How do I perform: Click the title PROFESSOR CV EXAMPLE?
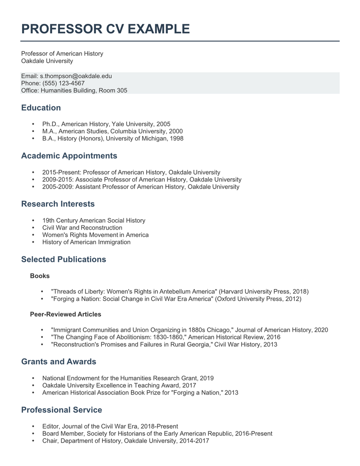[x=105, y=29]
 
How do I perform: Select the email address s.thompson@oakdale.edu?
[x=76, y=76]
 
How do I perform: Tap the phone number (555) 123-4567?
[x=63, y=83]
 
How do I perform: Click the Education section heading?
[x=41, y=108]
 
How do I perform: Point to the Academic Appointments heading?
[x=69, y=156]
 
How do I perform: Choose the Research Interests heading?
[x=58, y=204]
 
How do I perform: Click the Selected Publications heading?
[x=63, y=259]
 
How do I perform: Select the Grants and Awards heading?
[x=58, y=362]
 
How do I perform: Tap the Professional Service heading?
[x=62, y=410]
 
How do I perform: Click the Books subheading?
[x=40, y=276]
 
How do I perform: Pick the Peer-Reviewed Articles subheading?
[x=65, y=314]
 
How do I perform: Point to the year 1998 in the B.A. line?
[x=176, y=138]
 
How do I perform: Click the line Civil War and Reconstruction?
[x=82, y=228]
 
